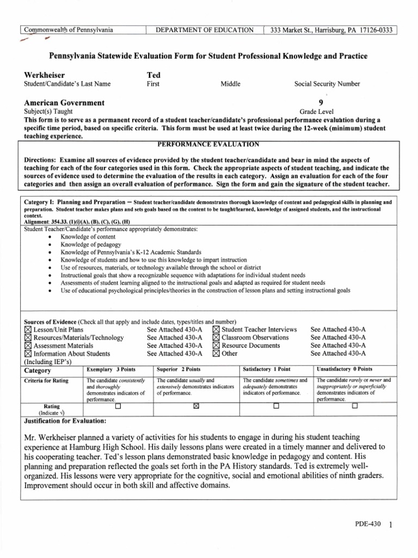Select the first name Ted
coord(153,75)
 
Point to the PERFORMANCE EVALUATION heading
coord(209,144)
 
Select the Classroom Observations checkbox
coord(216,338)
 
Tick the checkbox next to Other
coord(216,353)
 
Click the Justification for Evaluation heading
coord(65,421)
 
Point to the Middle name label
coord(230,84)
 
